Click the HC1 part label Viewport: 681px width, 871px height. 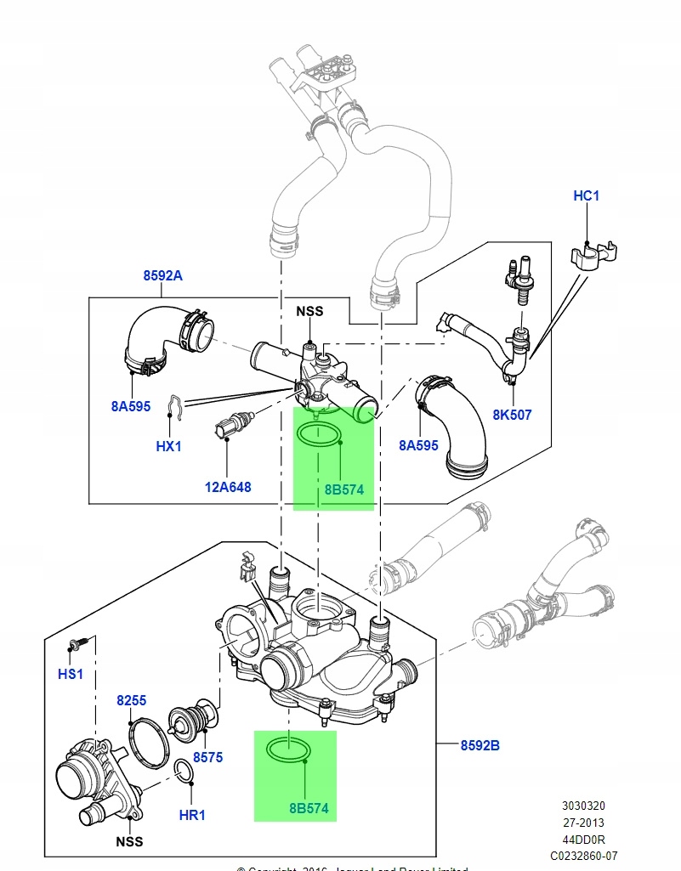point(587,196)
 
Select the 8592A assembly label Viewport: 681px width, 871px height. point(162,275)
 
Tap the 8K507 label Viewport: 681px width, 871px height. point(513,415)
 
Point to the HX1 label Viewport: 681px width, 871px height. point(168,445)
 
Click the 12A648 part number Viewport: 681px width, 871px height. point(228,487)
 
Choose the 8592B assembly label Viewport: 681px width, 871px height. point(480,745)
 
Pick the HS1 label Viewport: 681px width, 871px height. point(71,673)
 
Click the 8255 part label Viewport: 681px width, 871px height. point(132,701)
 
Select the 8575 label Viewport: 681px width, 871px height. point(207,756)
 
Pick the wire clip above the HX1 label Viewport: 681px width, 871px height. point(173,409)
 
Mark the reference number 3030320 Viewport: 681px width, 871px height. point(583,806)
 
